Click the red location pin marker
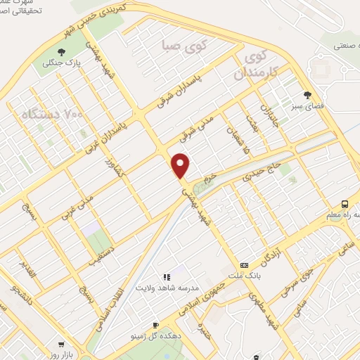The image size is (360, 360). tap(181, 165)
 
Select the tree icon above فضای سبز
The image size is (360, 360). tap(307, 95)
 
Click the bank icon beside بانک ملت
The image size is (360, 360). tap(244, 265)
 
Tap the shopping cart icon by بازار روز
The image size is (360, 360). tap(61, 345)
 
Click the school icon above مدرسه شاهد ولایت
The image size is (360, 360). tap(167, 278)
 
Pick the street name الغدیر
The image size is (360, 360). tap(28, 271)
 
